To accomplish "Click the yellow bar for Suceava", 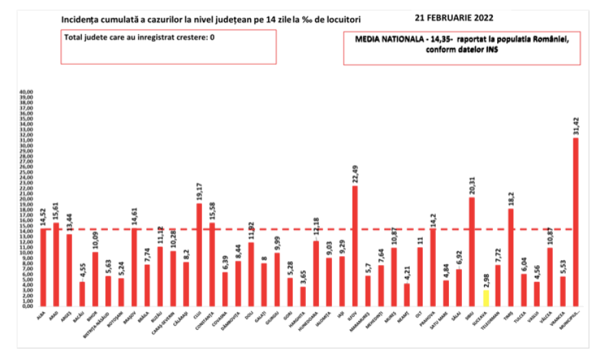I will click(x=485, y=298).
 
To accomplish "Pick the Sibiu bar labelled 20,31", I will click(x=472, y=251).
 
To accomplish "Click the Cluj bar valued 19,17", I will click(x=199, y=254).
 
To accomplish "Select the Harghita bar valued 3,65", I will click(x=303, y=296).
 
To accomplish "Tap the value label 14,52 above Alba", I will click(x=43, y=216).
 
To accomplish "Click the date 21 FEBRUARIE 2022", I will click(x=454, y=16).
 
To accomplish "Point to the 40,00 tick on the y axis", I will click(x=25, y=91).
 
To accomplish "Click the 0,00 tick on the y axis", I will click(x=27, y=306).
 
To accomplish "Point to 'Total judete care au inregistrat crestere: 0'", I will click(x=140, y=37).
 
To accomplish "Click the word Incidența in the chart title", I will click(x=81, y=19).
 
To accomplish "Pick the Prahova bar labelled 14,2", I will click(x=433, y=267).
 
